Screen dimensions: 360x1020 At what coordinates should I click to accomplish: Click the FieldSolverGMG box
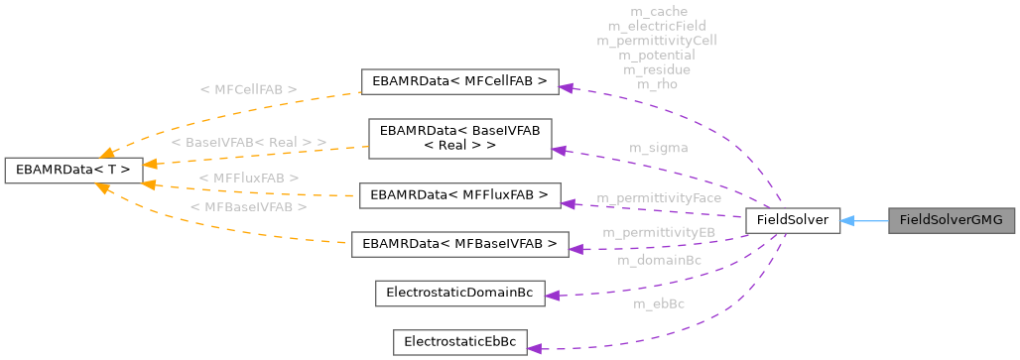click(x=952, y=220)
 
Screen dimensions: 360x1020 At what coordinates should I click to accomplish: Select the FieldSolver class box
click(x=793, y=220)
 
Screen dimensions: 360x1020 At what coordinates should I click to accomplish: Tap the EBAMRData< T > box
click(x=68, y=169)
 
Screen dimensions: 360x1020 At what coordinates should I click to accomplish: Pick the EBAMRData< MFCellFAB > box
click(x=460, y=81)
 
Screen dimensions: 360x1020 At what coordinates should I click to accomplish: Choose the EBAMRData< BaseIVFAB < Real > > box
click(x=459, y=138)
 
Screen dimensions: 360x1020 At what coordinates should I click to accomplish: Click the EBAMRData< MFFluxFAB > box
click(x=459, y=195)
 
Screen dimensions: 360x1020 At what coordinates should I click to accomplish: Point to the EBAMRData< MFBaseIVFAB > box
click(x=459, y=244)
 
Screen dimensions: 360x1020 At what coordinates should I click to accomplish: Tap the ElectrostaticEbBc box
click(x=459, y=343)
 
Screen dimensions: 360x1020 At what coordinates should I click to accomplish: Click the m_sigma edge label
click(x=658, y=148)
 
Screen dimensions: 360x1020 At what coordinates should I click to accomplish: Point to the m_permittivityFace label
click(x=658, y=198)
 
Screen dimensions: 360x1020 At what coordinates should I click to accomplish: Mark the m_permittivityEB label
click(x=658, y=231)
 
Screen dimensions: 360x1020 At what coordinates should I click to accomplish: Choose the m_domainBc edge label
click(x=659, y=260)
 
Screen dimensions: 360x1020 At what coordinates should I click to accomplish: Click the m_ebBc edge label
click(x=658, y=303)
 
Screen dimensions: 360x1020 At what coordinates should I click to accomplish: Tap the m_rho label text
click(x=657, y=84)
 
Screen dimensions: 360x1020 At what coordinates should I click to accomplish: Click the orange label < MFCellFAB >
click(x=248, y=89)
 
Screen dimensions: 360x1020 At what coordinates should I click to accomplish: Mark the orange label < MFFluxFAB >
click(x=249, y=177)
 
